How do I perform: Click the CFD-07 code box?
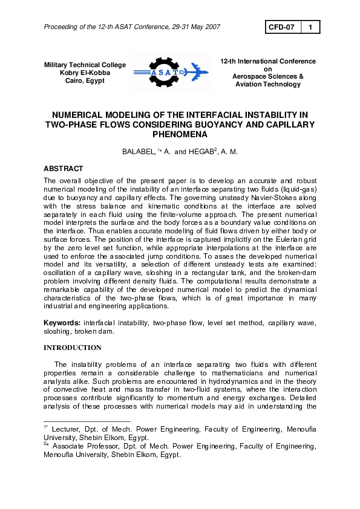click(x=281, y=27)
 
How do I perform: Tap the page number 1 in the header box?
click(x=310, y=27)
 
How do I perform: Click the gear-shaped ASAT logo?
click(x=156, y=73)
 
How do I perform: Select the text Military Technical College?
click(x=85, y=65)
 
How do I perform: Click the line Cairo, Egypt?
click(x=85, y=80)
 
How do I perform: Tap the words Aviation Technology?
click(x=268, y=85)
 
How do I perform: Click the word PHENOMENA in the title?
click(x=180, y=135)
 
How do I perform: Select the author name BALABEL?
click(x=139, y=152)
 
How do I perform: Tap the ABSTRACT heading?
click(x=64, y=169)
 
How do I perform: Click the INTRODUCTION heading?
click(x=73, y=348)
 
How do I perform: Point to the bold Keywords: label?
click(x=63, y=323)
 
